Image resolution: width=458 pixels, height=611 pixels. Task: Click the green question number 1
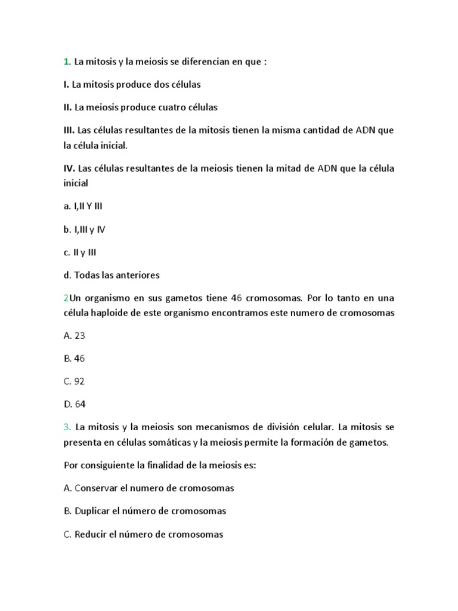pyautogui.click(x=66, y=61)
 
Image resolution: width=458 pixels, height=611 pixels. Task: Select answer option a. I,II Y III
pyautogui.click(x=86, y=206)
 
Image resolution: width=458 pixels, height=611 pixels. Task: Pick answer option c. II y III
pyautogui.click(x=80, y=252)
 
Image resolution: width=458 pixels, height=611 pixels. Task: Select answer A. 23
pyautogui.click(x=74, y=335)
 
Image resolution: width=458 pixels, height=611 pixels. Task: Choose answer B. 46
pyautogui.click(x=74, y=359)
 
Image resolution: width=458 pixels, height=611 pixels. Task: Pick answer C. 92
pyautogui.click(x=74, y=381)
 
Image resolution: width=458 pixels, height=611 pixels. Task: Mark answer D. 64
pyautogui.click(x=75, y=404)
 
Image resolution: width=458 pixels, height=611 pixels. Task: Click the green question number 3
pyautogui.click(x=67, y=427)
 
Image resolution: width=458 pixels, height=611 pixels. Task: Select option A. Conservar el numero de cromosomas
pyautogui.click(x=148, y=488)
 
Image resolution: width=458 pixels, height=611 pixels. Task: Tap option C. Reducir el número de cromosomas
pyautogui.click(x=143, y=534)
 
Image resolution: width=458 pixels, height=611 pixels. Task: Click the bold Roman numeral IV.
pyautogui.click(x=69, y=168)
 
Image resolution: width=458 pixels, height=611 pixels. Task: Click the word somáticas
pyautogui.click(x=168, y=443)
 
